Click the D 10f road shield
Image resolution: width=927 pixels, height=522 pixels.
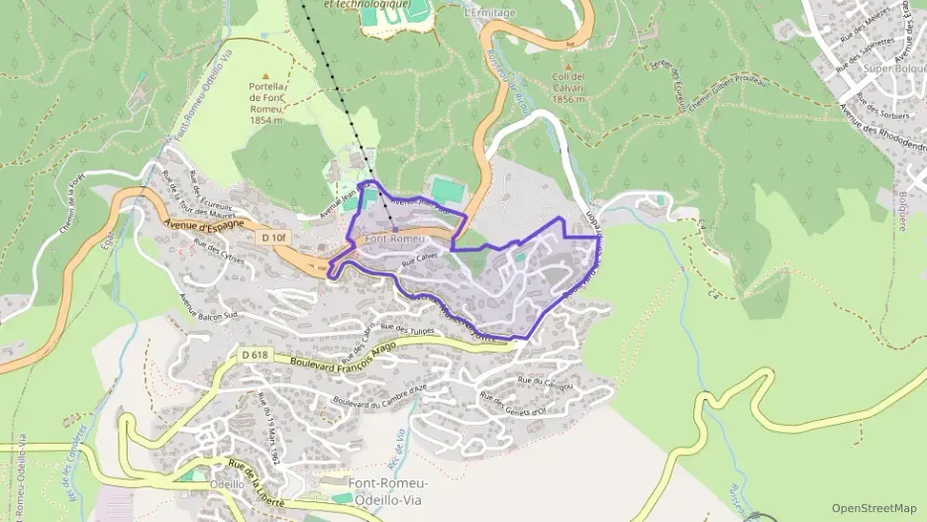tap(273, 238)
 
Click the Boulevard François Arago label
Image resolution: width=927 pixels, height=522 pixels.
tap(343, 362)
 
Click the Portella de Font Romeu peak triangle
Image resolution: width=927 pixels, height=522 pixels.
tap(265, 74)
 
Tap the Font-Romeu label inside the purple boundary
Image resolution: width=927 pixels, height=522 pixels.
tap(394, 240)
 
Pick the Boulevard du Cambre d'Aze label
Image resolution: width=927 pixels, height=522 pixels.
tap(379, 394)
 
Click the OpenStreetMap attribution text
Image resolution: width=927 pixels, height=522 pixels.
tap(874, 508)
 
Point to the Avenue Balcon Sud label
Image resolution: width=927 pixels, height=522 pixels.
tap(209, 300)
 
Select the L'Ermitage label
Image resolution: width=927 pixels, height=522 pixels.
tap(489, 14)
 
